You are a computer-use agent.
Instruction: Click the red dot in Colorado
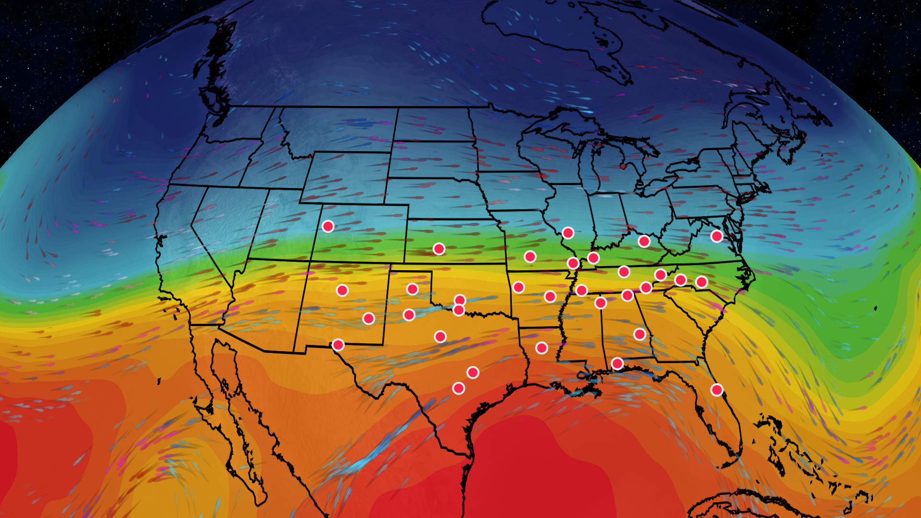click(328, 226)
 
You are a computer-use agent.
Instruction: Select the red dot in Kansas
click(439, 248)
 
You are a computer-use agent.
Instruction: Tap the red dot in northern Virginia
click(717, 236)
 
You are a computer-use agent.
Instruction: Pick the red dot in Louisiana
click(542, 348)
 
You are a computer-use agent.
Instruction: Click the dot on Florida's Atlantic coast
click(717, 390)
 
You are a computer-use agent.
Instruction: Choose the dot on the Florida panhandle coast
click(617, 364)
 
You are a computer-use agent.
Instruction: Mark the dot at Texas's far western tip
click(338, 345)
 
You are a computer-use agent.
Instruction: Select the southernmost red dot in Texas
click(459, 388)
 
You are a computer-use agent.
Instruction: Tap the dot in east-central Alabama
click(639, 334)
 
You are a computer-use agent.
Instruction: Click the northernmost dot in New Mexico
click(342, 290)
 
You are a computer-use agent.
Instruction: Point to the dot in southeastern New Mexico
click(368, 318)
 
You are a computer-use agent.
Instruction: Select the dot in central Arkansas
click(550, 296)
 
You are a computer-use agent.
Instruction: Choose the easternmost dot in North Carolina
click(702, 282)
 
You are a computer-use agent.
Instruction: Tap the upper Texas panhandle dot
click(413, 289)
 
